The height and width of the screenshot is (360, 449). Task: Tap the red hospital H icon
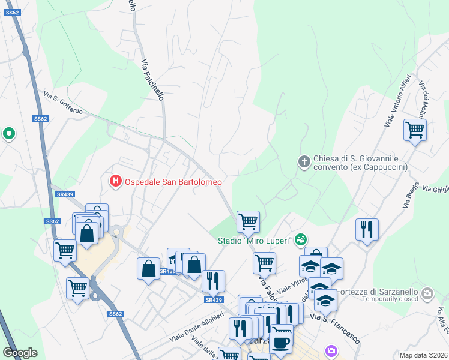tap(114, 180)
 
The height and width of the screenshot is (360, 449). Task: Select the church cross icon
tap(304, 161)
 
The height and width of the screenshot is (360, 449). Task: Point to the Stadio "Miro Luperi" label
tap(255, 241)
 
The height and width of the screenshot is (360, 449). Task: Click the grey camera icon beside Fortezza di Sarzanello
tap(427, 293)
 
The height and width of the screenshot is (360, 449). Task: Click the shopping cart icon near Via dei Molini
tap(415, 129)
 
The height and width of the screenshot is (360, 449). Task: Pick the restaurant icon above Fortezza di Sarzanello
tap(366, 229)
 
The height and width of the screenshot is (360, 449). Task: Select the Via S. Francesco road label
tap(334, 326)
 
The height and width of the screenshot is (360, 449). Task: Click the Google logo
tap(20, 353)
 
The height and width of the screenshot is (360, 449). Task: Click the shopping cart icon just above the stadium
tap(247, 221)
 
